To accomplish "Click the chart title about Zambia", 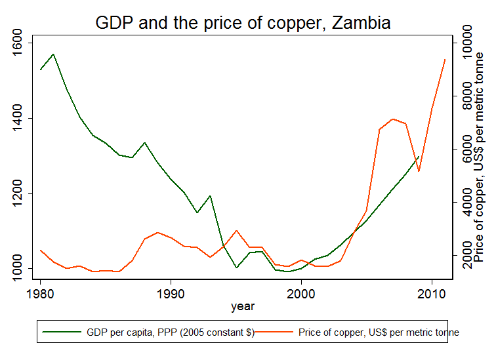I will (x=243, y=23).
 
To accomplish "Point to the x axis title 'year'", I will (x=243, y=306).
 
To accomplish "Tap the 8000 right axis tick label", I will (x=467, y=97).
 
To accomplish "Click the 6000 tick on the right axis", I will (x=467, y=150).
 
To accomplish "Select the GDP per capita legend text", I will (x=171, y=332).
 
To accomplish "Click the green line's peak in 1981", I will (x=53, y=54).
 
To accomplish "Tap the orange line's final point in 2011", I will (x=445, y=60).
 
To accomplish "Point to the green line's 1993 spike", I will (x=210, y=195).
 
